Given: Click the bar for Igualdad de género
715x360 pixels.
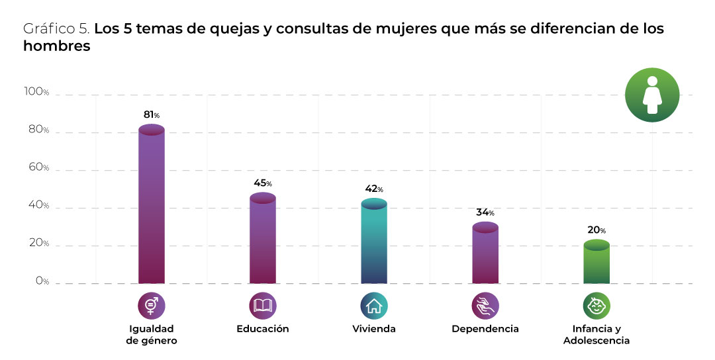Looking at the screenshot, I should tap(152, 205).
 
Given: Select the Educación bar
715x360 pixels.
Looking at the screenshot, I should tap(263, 240).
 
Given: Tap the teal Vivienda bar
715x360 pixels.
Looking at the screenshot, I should tap(374, 243).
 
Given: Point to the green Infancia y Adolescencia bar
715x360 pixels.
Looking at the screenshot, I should tap(596, 264).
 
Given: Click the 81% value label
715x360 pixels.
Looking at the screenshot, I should tap(152, 114).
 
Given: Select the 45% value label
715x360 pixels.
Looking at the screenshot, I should tap(263, 183).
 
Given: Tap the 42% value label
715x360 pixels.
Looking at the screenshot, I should tap(374, 189).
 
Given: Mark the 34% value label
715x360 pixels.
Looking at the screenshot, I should tap(485, 212).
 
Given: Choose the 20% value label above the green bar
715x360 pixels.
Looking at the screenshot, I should tap(596, 230).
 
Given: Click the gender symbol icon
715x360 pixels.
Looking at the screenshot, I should tap(152, 305).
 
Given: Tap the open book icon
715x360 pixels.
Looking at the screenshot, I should tap(263, 305).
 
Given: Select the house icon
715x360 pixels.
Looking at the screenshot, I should tap(374, 305).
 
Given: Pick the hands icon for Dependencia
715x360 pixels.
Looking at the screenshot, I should tap(485, 305).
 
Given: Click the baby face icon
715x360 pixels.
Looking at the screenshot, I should tap(596, 305).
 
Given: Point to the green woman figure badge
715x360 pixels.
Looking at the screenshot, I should tap(652, 95).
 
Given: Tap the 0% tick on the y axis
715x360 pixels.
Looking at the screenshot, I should tap(42, 281).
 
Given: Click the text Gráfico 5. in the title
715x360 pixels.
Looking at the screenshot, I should tap(56, 30).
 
